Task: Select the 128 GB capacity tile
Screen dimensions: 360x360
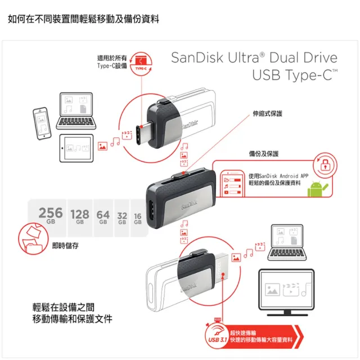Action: coord(80,216)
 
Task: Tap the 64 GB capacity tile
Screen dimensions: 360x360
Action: coord(103,216)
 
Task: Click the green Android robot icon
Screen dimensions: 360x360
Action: coord(317,190)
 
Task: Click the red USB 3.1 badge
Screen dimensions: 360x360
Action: coord(217,339)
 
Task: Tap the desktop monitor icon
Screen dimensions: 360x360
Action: coord(286,289)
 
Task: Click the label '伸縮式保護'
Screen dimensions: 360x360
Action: coord(268,114)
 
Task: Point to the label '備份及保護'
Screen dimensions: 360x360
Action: coord(264,153)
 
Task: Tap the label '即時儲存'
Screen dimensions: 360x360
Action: coord(65,245)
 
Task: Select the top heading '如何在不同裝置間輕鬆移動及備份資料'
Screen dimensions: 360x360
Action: coord(83,19)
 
